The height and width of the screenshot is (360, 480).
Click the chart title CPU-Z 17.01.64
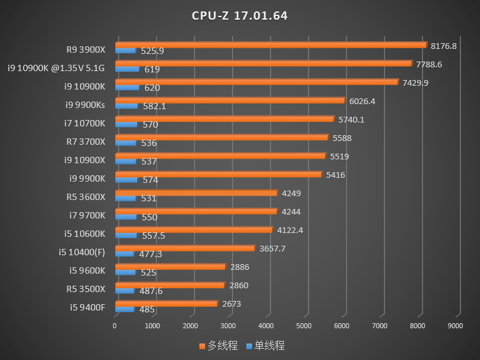tap(240, 16)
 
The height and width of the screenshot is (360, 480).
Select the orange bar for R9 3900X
tap(271, 45)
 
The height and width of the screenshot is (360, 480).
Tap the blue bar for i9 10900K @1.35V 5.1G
tap(128, 69)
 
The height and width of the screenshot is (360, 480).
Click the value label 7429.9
tap(415, 83)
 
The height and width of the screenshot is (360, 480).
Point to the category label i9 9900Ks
tap(85, 105)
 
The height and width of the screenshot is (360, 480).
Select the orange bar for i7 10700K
tap(225, 119)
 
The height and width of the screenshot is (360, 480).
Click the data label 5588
tap(342, 138)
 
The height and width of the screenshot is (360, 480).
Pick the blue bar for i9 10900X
tap(126, 161)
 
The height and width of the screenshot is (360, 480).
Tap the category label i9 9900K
tap(87, 178)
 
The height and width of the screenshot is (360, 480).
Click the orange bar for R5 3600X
tap(197, 192)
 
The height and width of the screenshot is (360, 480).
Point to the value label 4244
tap(291, 212)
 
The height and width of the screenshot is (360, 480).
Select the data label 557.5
tap(154, 236)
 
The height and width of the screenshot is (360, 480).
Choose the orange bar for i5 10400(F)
tap(185, 248)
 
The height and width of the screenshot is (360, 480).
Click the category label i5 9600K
tap(87, 270)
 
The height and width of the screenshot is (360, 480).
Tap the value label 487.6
tap(151, 291)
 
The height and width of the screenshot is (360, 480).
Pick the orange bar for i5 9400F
tap(166, 303)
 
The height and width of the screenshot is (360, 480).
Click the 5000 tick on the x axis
tap(303, 326)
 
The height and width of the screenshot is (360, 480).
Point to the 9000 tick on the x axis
tap(455, 326)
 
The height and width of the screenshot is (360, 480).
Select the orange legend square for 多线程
tap(202, 346)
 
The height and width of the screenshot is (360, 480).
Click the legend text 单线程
tap(269, 345)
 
